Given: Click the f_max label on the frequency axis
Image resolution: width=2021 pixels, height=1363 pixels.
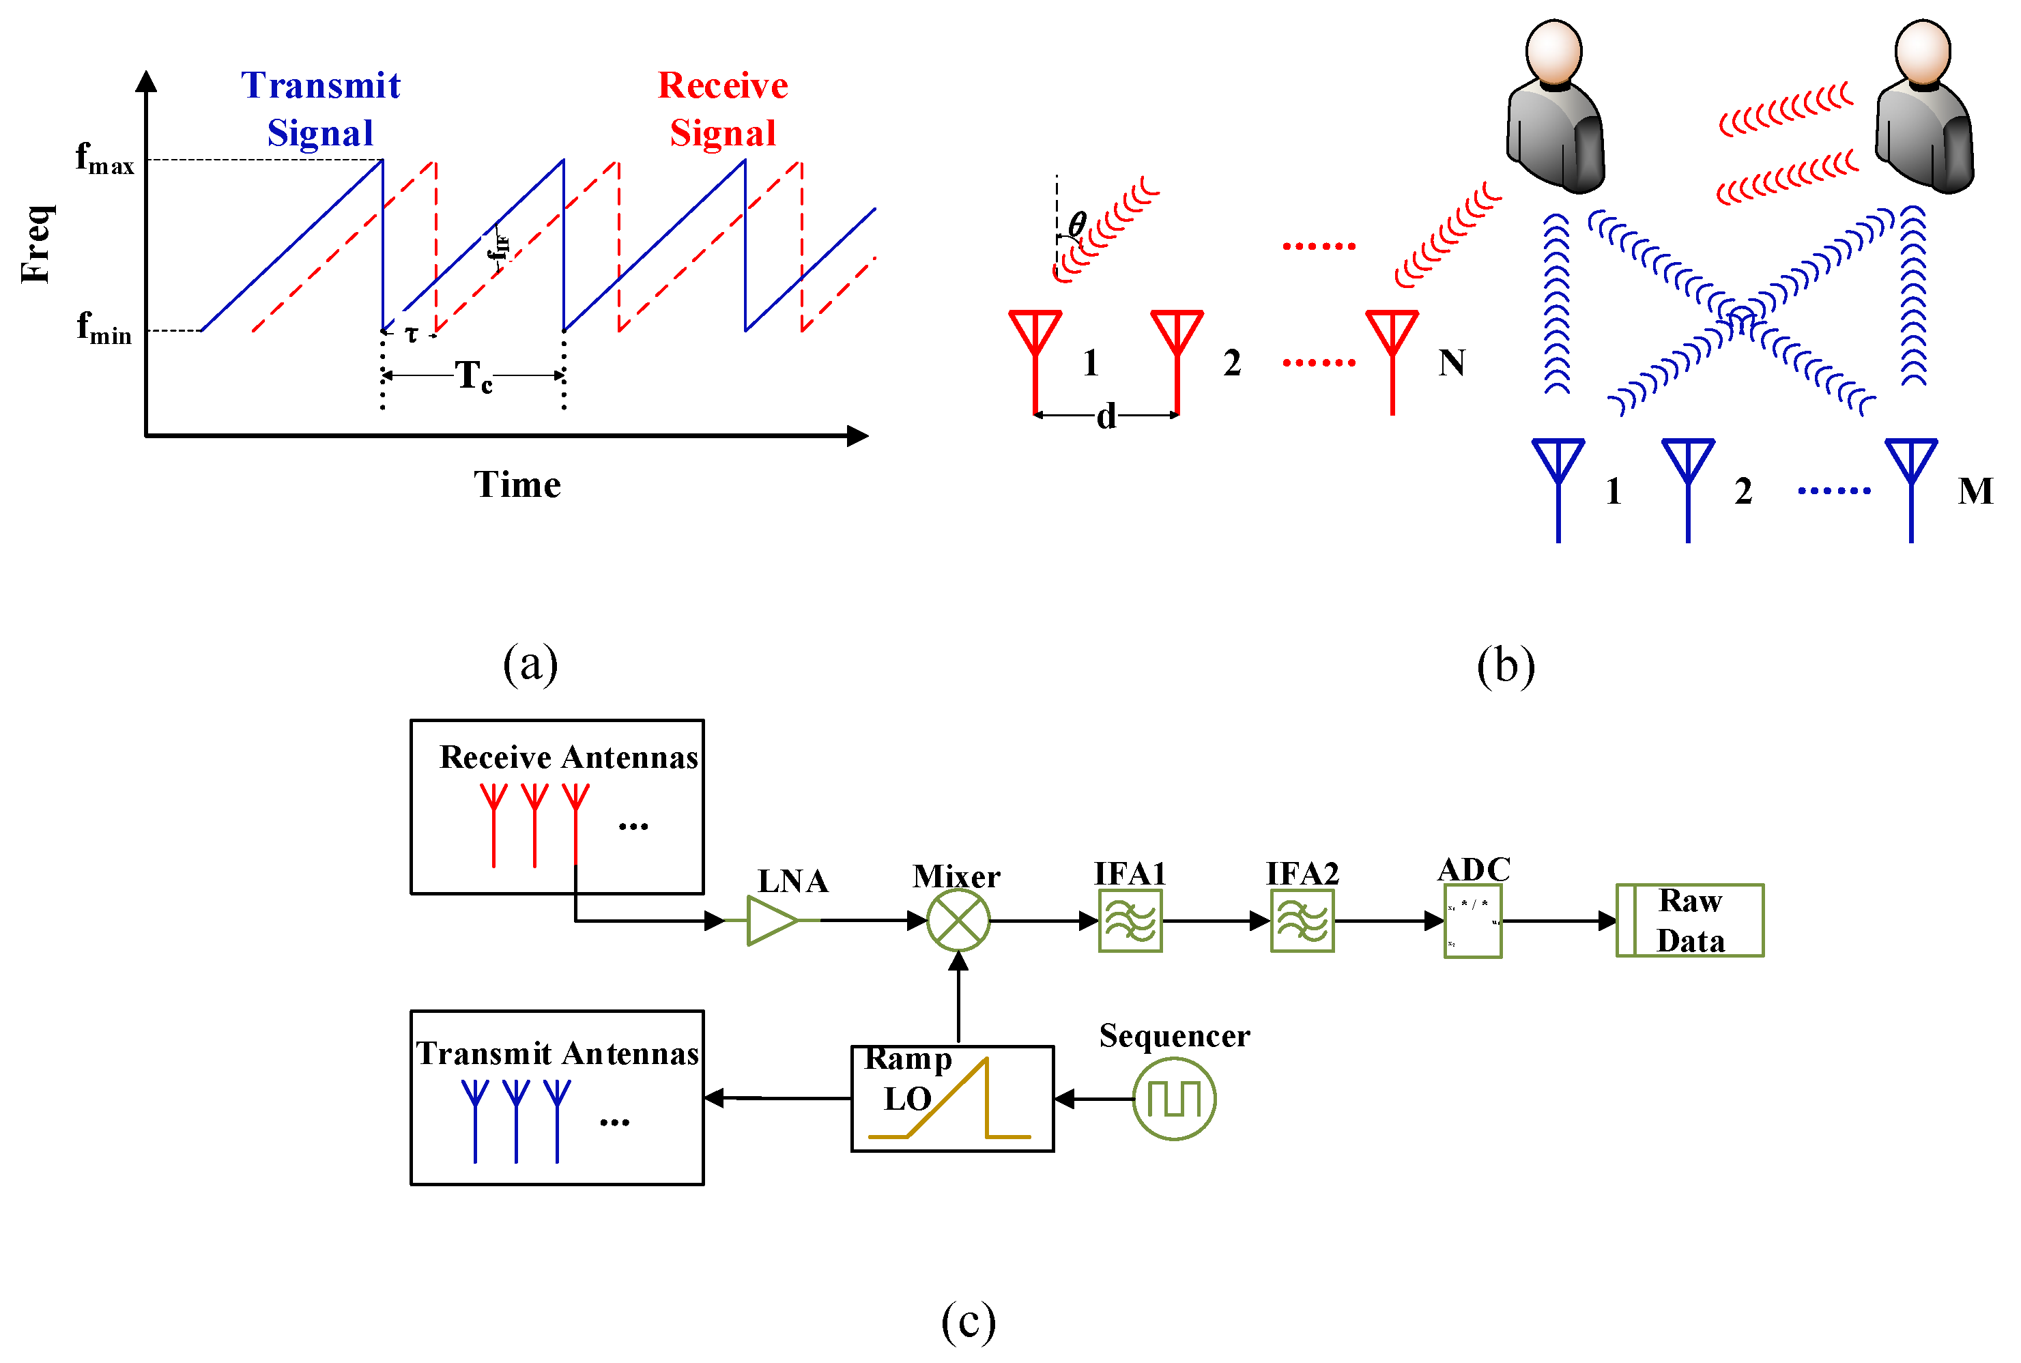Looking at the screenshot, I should point(104,160).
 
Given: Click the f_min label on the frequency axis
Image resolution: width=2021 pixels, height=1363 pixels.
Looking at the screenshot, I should point(104,328).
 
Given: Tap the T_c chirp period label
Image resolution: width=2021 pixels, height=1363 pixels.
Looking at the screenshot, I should point(474,375).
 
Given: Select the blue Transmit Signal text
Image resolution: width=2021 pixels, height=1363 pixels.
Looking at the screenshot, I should point(320,109).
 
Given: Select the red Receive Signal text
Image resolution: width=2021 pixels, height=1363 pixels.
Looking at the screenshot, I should point(721,109).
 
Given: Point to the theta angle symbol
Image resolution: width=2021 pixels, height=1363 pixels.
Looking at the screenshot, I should point(1076,225).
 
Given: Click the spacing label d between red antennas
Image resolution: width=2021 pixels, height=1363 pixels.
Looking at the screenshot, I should point(1105,416).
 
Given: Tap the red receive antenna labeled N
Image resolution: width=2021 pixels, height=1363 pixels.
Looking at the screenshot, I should point(1391,356).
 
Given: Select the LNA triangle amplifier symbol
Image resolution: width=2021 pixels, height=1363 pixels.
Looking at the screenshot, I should point(771,921).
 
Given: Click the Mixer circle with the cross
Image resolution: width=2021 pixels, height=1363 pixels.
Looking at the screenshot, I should point(957,921).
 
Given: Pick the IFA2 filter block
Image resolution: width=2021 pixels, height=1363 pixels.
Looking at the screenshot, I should point(1302,921).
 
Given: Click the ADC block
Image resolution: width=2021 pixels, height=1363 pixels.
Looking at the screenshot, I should point(1472,921).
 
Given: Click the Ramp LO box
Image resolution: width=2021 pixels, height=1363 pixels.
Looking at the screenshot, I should point(952,1099).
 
